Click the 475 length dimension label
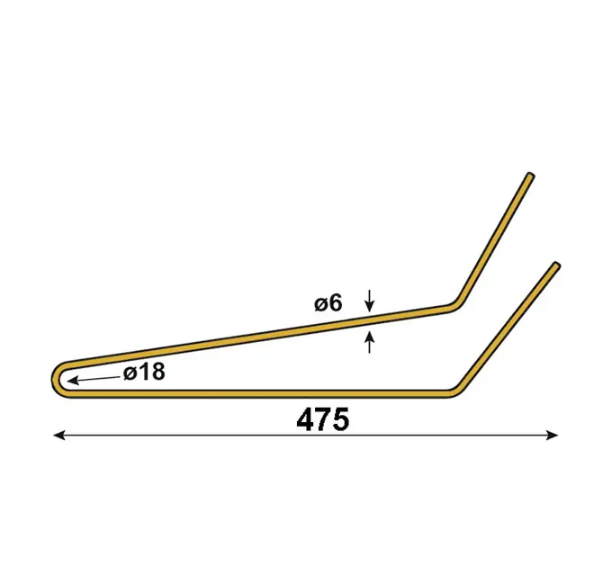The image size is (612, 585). (x=323, y=419)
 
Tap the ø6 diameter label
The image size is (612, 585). (x=328, y=303)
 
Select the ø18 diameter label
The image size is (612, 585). (x=144, y=372)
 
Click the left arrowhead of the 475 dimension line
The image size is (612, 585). (x=58, y=435)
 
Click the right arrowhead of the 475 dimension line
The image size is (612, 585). (x=553, y=435)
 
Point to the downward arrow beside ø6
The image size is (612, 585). (x=370, y=301)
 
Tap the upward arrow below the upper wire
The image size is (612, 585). (x=370, y=341)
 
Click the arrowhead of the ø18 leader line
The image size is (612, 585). (x=73, y=381)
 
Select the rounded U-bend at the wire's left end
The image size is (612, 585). (x=57, y=379)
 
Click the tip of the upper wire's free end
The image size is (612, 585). (x=530, y=175)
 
